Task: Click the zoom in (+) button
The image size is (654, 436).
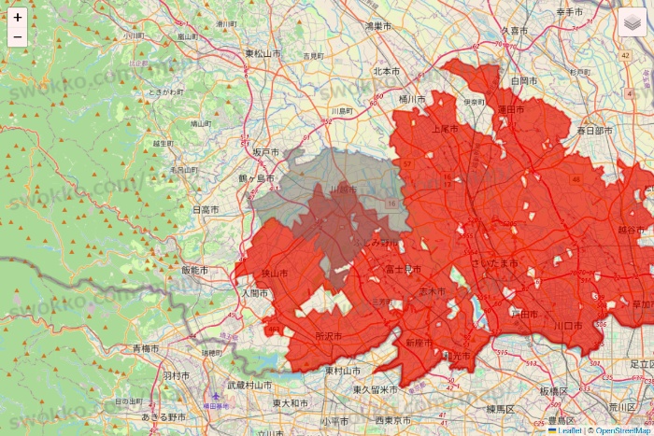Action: coord(18,18)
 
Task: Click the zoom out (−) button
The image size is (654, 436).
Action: coord(18,37)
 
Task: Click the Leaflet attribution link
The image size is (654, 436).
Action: coord(567,430)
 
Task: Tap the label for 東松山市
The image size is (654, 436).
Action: coord(263,54)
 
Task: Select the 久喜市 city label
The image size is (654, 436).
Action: coord(515,31)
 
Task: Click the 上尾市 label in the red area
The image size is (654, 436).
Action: coord(446,130)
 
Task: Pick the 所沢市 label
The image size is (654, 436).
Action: coord(329,336)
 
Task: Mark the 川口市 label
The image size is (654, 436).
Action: coord(567,325)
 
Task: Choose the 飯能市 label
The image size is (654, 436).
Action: coord(194,270)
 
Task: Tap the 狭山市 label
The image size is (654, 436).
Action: coord(274,274)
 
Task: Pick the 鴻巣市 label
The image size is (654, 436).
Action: coord(378,26)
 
